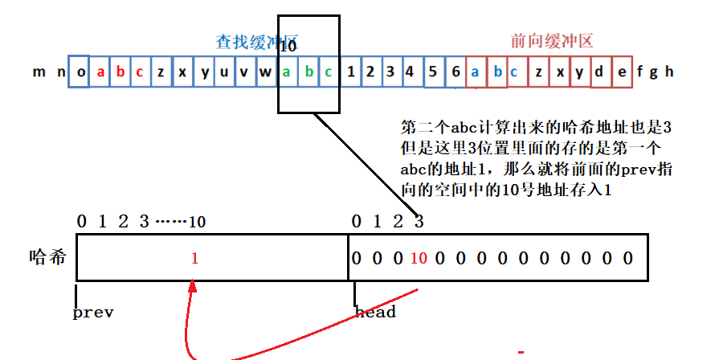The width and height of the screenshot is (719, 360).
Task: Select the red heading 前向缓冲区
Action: point(552,42)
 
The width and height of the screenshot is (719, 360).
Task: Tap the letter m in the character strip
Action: point(39,72)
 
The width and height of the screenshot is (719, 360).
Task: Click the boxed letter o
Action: point(81,72)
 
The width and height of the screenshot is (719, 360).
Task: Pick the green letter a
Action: point(287,72)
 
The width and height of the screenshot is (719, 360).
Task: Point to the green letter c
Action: point(329,72)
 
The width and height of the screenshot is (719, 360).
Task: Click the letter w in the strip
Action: point(265,72)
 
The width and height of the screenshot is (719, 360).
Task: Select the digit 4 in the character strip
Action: point(410,72)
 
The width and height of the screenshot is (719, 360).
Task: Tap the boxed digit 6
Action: point(456,72)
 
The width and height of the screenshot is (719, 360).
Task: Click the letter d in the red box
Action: point(599,72)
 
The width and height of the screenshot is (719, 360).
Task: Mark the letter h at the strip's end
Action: point(668,72)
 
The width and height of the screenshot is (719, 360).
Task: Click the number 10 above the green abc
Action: point(288,47)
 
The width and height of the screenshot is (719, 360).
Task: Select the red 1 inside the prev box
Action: point(194,259)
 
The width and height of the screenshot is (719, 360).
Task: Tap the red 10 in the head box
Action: point(419,259)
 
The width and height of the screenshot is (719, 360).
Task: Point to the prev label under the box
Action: point(93,312)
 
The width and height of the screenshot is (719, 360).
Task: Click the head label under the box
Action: point(375,312)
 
